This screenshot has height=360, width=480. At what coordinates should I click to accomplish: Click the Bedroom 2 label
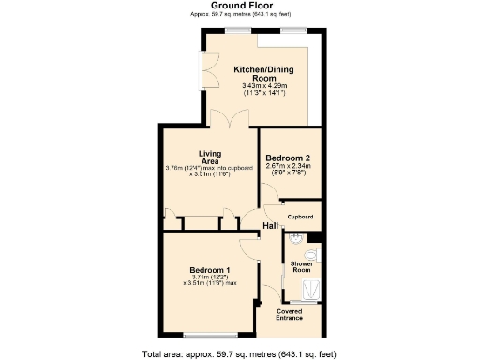pos(288,157)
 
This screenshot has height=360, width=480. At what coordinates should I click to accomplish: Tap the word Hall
pos(271,227)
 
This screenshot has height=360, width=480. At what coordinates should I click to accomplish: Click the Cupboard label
pos(300,217)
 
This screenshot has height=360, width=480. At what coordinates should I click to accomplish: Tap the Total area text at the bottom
pos(239,352)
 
